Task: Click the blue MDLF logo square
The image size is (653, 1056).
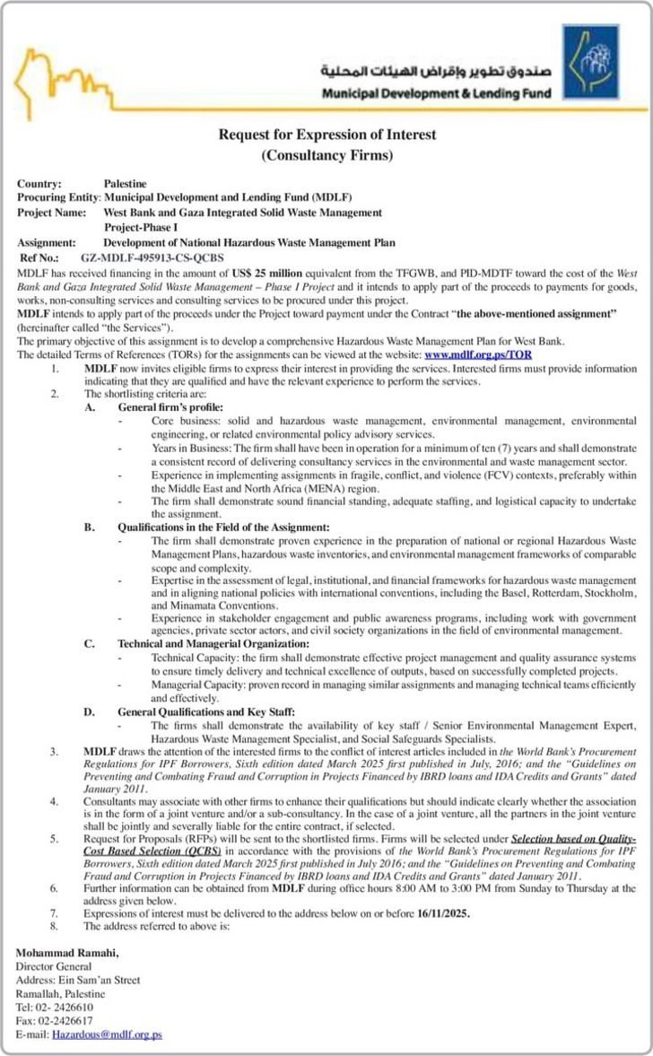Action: point(588,61)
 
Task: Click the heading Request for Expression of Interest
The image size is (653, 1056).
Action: point(327,135)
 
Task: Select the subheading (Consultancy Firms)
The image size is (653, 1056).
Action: point(327,156)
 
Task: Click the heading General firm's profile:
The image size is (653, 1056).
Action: point(170,406)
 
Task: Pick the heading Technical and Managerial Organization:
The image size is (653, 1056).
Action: point(214,643)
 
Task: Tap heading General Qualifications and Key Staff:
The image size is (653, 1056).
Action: point(206,711)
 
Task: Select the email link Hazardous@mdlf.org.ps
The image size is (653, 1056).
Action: point(107,1034)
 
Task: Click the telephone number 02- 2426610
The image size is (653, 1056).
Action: point(67,1008)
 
